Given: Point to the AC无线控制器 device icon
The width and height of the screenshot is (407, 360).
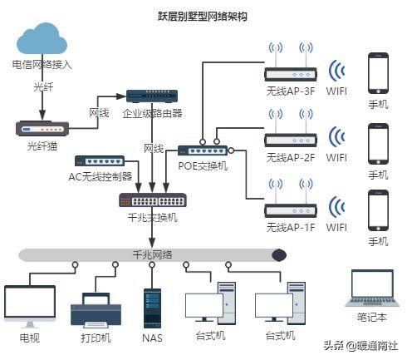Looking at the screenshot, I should pos(100,160).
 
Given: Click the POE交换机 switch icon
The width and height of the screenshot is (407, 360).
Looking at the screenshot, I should pos(203,150).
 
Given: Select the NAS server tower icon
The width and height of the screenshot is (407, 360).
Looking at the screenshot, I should pos(152,307).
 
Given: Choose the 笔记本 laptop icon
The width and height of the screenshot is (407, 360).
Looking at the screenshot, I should pos(372,292).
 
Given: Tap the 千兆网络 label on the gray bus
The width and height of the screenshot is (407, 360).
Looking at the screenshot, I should pos(152,254).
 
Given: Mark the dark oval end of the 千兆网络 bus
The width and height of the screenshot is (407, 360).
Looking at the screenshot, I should pos(278,254).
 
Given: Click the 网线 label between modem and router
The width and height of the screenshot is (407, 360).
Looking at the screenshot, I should pos(99,113).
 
